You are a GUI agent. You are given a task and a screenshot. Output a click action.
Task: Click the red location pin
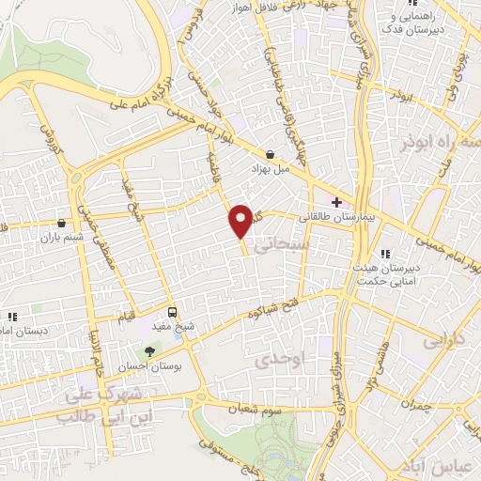coord(241,220)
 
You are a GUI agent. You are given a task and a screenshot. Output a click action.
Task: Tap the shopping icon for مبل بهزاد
coord(271,155)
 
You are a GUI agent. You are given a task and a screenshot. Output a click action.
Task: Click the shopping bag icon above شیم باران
coord(63,223)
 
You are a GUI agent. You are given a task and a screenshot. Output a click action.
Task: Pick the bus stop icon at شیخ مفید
coord(171,312)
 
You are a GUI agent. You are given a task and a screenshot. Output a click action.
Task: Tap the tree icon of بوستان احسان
coord(150,350)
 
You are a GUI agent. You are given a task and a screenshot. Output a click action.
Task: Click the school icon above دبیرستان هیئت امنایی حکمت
coord(385,254)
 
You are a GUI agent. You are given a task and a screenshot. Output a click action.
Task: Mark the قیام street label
coord(122,316)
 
